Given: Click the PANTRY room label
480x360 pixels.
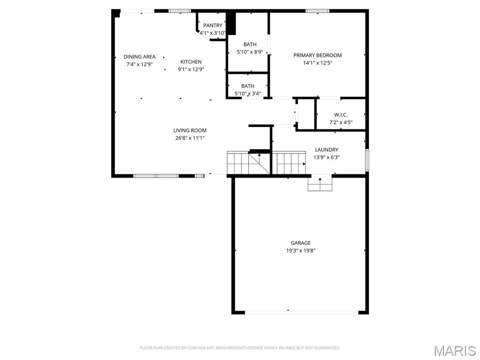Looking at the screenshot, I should (213, 25).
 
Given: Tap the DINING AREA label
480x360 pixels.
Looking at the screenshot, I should (139, 57).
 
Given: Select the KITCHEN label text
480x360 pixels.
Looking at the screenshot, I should (191, 62).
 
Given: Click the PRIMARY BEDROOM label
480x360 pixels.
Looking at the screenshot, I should (317, 55).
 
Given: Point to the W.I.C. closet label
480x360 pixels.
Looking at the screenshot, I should (341, 115).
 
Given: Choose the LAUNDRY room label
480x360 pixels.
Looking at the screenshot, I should (326, 150).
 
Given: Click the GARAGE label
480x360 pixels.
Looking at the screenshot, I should (300, 243).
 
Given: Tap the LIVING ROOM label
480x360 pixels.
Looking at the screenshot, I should (190, 130).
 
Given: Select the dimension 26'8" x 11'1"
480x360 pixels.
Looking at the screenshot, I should (190, 138).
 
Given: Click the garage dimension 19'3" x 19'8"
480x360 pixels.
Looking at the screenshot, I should (300, 250).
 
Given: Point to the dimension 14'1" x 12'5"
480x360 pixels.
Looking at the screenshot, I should (317, 63).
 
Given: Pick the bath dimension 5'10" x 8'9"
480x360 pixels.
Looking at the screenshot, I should (250, 52).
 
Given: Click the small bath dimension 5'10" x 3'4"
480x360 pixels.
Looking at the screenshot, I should (247, 93).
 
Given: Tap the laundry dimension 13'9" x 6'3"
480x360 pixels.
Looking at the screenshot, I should (326, 157).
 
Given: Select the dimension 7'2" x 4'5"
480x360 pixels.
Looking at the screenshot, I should (341, 122).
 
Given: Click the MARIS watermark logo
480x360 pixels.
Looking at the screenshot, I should (454, 350).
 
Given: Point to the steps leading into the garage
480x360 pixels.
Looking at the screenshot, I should (320, 184).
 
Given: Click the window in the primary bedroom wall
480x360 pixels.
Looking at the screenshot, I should (317, 11).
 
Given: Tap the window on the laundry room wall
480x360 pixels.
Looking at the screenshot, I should (367, 160).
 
